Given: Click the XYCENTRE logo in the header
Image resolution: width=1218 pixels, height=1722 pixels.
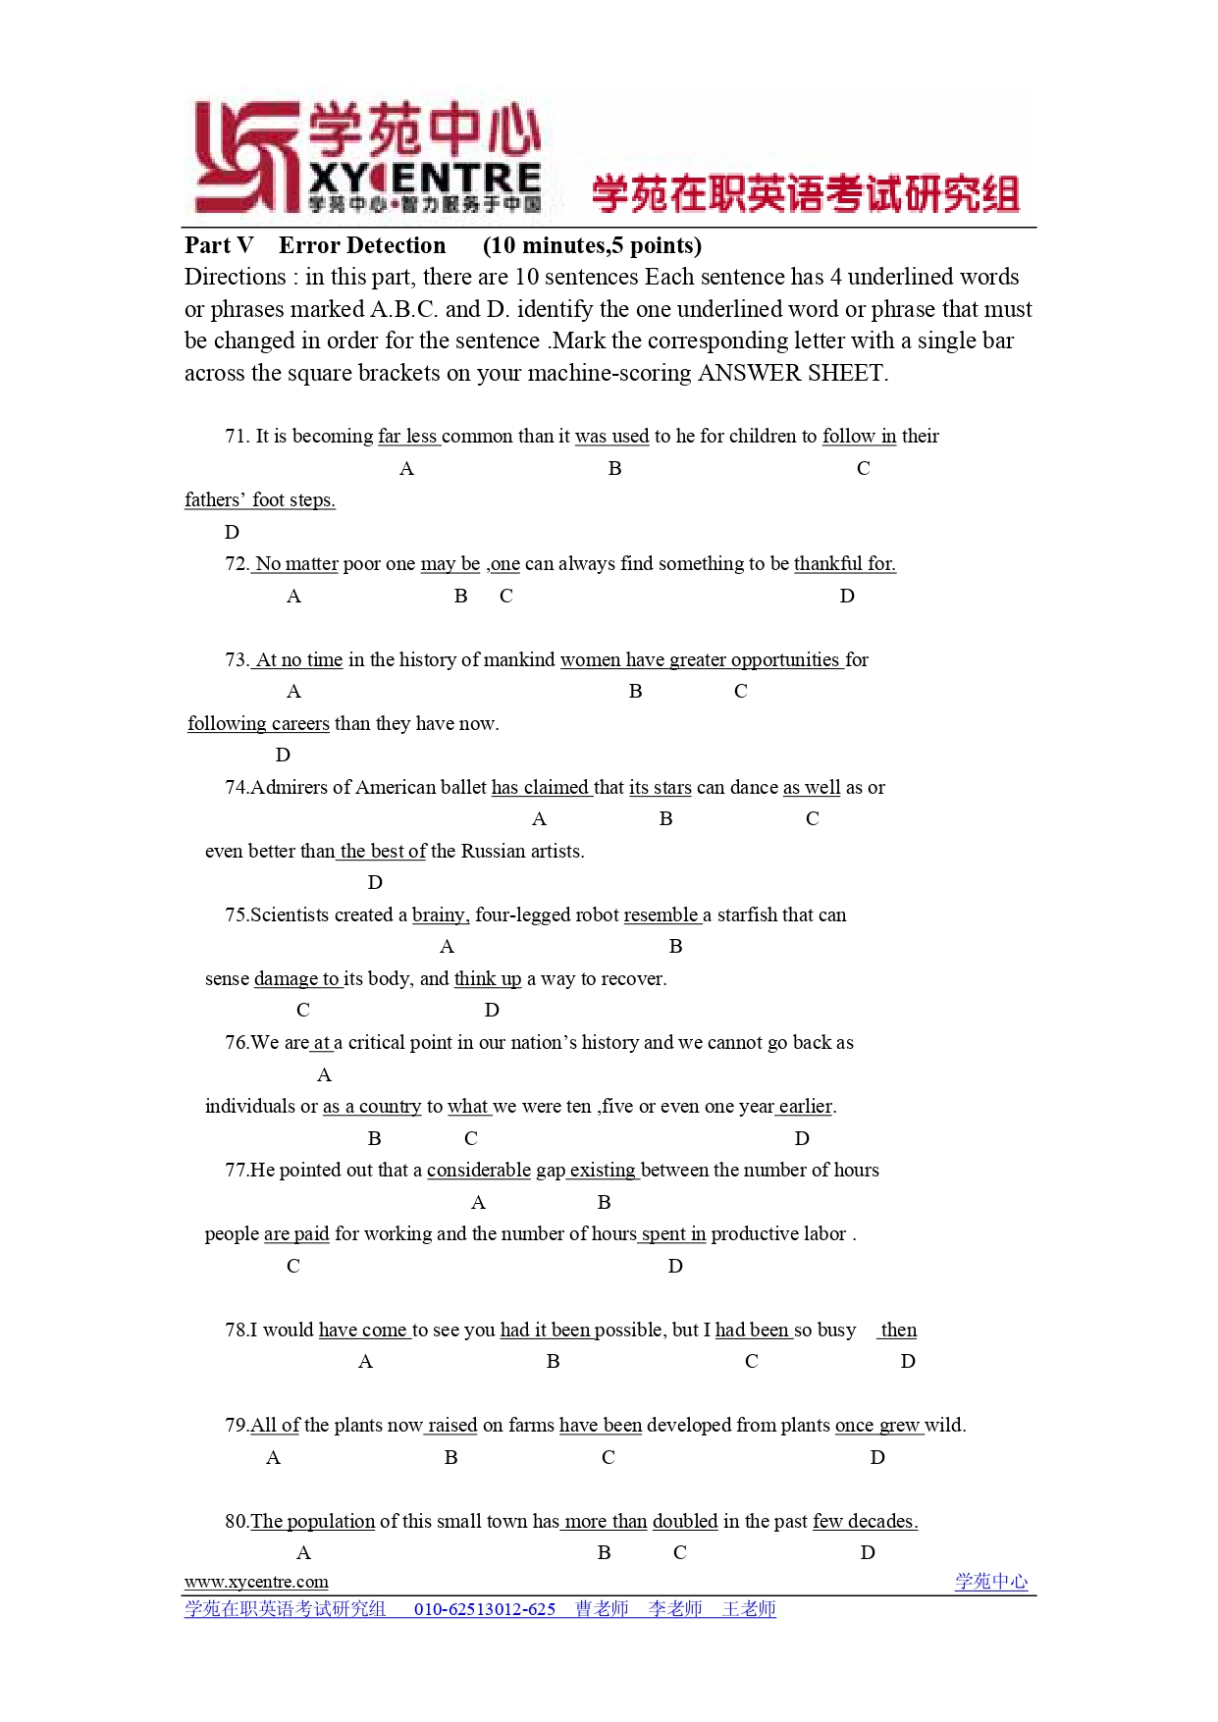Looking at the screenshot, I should point(368,157).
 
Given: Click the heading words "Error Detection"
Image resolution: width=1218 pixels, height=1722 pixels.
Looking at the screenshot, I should point(361,245).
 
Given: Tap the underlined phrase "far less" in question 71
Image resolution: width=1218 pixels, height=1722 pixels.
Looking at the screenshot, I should point(407,437).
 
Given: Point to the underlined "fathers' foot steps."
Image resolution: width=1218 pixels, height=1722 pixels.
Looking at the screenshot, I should point(260,500).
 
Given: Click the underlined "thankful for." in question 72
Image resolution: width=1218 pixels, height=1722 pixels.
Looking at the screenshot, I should point(844,564).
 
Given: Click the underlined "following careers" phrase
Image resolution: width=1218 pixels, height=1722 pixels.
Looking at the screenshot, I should point(259,724).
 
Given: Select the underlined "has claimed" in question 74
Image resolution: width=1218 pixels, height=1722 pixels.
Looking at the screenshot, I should point(540,788).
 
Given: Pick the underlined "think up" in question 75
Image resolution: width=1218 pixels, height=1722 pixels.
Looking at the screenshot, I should point(488,979).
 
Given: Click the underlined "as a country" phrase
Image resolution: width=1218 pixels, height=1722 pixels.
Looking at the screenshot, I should point(372,1107).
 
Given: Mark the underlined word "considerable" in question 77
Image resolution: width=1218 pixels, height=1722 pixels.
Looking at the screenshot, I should point(479,1171).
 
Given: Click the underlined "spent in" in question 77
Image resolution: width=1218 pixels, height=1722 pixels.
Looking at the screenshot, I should point(673,1234).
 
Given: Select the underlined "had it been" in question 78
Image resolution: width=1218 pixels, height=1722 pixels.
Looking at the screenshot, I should point(546,1331).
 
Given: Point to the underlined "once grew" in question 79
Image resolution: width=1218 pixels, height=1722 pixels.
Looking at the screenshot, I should point(877,1426).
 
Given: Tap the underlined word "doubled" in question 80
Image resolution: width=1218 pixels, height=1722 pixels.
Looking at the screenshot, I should point(685,1522).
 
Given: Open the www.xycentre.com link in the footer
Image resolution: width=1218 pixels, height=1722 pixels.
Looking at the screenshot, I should point(256,1582).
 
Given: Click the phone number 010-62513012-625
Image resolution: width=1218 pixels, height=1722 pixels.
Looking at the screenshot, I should point(485,1609).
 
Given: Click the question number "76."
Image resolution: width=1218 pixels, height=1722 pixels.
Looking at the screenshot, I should point(237,1043).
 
